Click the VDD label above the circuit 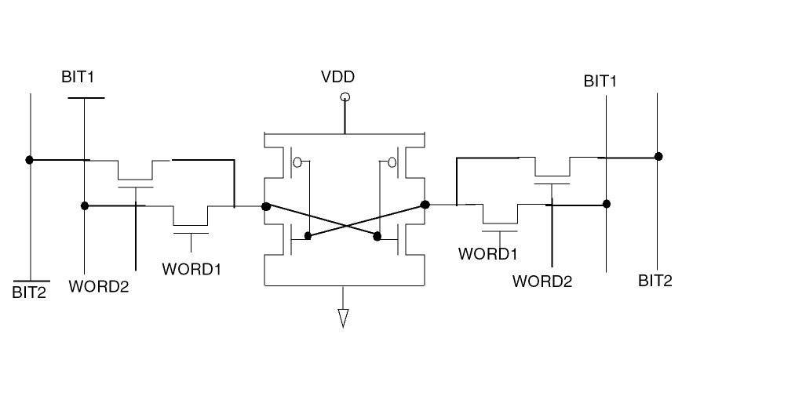tap(337, 77)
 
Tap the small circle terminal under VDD tap(344, 97)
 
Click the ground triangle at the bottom tap(343, 317)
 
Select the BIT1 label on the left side tap(78, 77)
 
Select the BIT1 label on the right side tap(600, 81)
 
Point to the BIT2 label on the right tap(655, 281)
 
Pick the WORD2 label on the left tap(98, 285)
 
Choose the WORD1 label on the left tap(191, 269)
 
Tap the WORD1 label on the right tap(488, 254)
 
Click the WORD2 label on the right tap(542, 281)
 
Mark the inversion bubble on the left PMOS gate tap(297, 163)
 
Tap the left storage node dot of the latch tap(266, 207)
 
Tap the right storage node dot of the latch tap(425, 205)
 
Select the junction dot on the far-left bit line tap(29, 159)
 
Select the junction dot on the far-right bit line tap(658, 157)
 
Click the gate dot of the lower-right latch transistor tap(377, 235)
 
